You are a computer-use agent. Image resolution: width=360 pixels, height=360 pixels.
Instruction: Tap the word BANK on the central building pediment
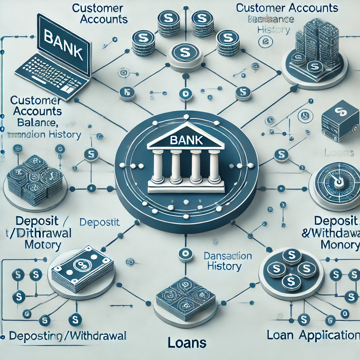point(186,140)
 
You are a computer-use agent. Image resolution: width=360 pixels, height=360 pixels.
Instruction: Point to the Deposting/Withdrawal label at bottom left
point(67,336)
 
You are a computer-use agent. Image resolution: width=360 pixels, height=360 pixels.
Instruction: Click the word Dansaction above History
point(227,256)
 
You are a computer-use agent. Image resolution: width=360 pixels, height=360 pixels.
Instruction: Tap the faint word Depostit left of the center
point(99,222)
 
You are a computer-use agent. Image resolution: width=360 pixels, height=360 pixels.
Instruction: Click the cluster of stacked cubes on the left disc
point(35,180)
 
